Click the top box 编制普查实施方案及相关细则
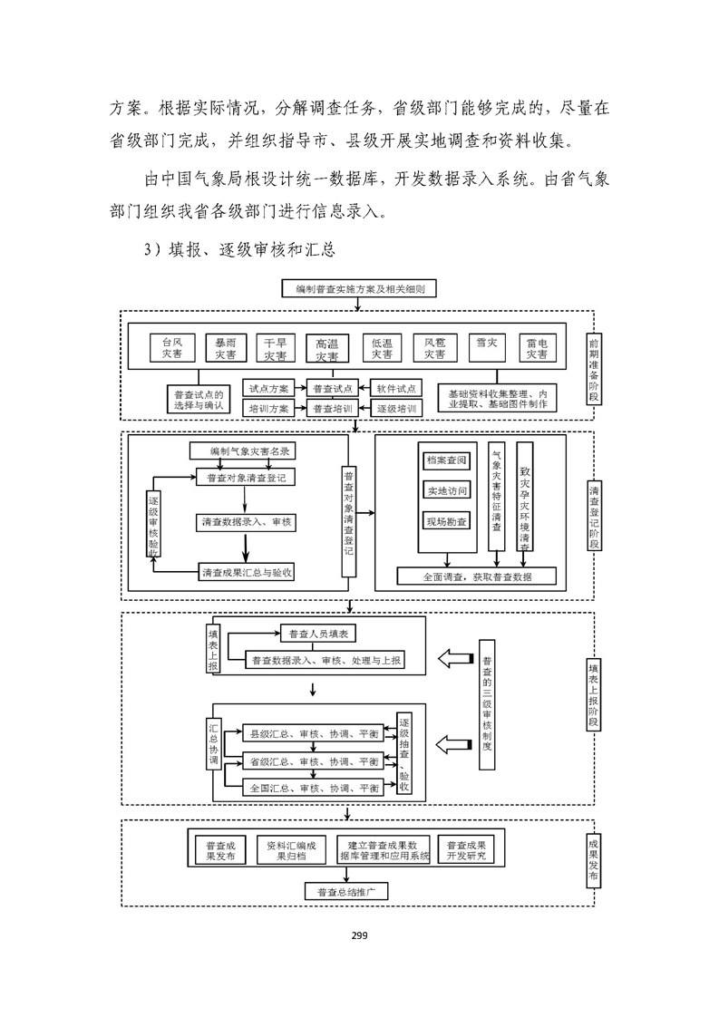coord(360,290)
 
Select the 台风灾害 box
coord(172,348)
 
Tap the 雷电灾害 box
coord(537,348)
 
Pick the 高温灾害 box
coord(326,349)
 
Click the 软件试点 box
coord(395,388)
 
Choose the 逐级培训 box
coord(395,409)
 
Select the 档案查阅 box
coord(446,460)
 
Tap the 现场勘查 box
coord(446,521)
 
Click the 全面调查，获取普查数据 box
coord(477,576)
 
